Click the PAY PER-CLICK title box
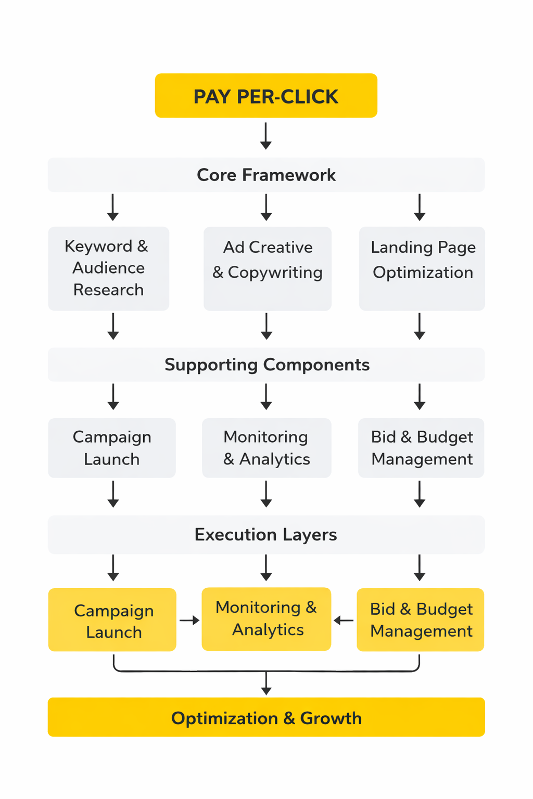pos(266,96)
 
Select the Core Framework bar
pos(266,175)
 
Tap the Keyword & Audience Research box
pos(108,268)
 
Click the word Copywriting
pos(275,273)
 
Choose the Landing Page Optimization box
pos(422,268)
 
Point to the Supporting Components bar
pos(266,365)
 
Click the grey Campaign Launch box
pos(112,448)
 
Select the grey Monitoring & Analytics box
pos(266,448)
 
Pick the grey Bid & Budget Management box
pos(421,448)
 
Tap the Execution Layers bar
pos(266,535)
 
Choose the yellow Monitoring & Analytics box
pos(266,619)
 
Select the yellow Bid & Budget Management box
pos(421,620)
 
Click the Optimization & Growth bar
pos(266,717)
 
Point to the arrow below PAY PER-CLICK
pos(266,136)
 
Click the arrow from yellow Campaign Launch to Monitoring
pos(189,620)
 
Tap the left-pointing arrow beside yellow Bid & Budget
pos(344,620)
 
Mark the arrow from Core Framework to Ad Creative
pos(266,208)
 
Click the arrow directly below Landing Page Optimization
pos(420,327)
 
